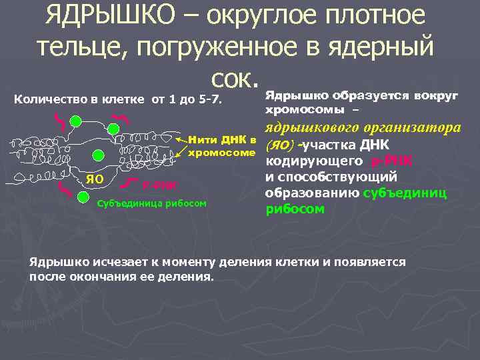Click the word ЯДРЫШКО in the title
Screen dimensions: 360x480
click(116, 16)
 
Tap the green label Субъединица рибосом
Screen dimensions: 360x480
click(152, 202)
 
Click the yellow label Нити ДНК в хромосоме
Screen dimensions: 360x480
click(222, 147)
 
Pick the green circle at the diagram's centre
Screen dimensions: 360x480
click(99, 155)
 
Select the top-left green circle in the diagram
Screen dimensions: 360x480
click(76, 120)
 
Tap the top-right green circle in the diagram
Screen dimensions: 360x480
click(140, 121)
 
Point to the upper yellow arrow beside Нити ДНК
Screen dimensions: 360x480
click(181, 141)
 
